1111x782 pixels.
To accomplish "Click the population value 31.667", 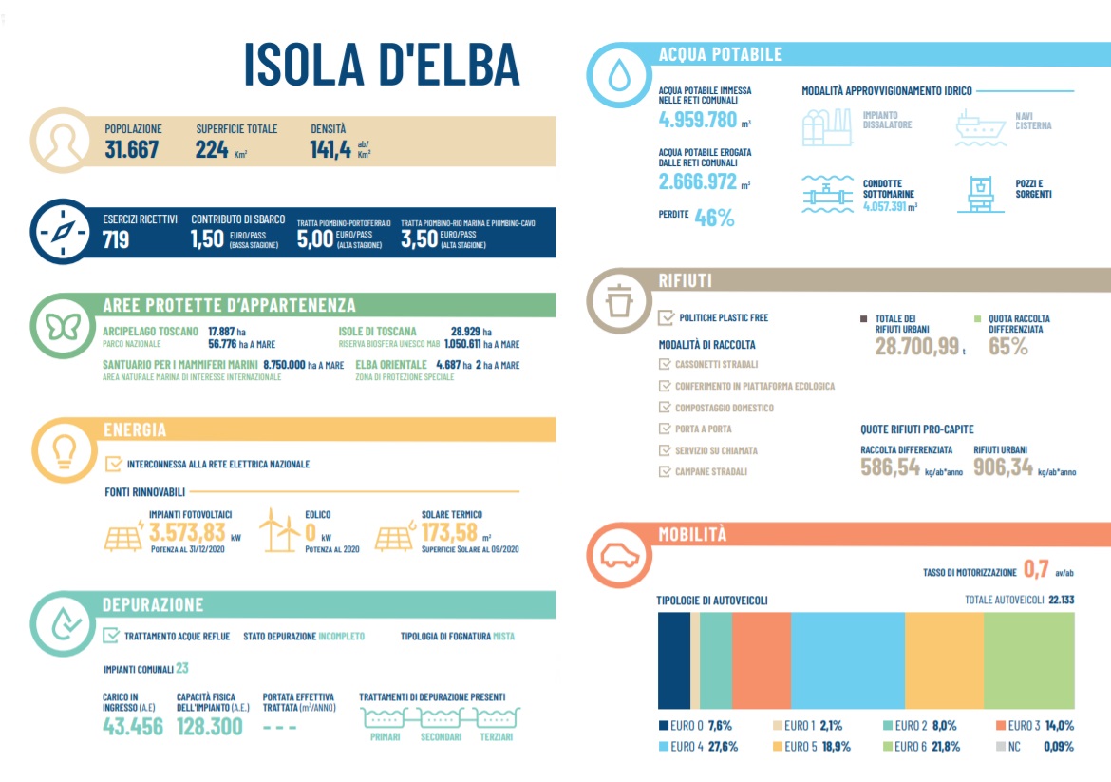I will tap(132, 149).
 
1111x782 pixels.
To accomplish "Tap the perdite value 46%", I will tap(714, 218).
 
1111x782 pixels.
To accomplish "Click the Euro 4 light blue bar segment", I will tap(847, 659).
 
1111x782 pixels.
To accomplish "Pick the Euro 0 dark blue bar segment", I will tap(673, 659).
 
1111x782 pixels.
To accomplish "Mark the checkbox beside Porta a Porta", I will tap(665, 429).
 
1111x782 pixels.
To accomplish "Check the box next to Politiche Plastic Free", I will tap(666, 317).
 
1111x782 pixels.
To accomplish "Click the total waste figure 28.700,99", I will tap(916, 346).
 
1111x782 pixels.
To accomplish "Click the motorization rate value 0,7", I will tap(1034, 570).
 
